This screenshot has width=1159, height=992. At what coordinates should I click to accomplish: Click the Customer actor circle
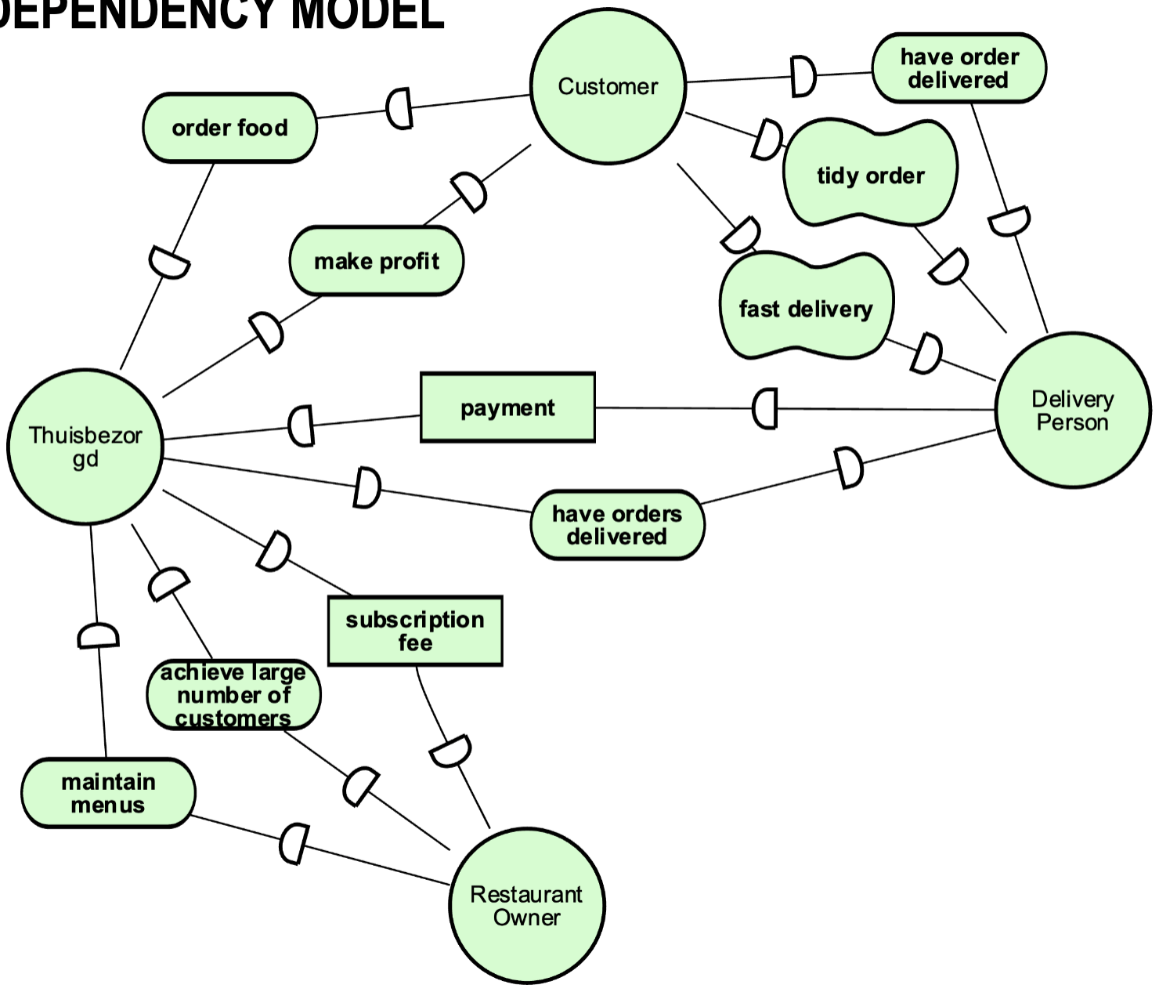(x=608, y=86)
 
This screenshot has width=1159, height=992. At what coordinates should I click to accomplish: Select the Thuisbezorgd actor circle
(x=85, y=447)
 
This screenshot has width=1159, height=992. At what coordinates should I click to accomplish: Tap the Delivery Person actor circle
(x=1072, y=410)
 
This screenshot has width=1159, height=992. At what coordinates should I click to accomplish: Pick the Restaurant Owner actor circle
(x=526, y=906)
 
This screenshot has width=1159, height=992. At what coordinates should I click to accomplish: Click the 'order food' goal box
(x=229, y=128)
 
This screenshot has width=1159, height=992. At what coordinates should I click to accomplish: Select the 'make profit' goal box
(x=376, y=261)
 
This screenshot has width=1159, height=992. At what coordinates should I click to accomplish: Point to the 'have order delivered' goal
(x=959, y=68)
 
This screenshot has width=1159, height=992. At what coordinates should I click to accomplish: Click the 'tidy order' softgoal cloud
(x=870, y=175)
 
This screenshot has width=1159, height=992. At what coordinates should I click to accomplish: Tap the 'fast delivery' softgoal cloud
(x=805, y=308)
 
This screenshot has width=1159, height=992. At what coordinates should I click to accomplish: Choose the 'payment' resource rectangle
(x=507, y=407)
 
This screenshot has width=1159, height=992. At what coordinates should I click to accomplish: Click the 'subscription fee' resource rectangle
(x=414, y=631)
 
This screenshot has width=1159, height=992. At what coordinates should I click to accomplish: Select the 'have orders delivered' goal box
(x=617, y=525)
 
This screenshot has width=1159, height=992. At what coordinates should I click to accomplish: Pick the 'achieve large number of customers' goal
(x=233, y=695)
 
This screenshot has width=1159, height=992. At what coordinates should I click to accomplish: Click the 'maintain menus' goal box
(x=108, y=793)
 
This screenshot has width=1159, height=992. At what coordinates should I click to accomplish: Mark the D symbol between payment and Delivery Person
(x=765, y=408)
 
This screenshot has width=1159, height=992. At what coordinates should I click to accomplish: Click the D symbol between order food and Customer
(x=399, y=108)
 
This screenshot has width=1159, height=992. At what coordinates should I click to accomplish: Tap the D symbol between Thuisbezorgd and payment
(x=301, y=425)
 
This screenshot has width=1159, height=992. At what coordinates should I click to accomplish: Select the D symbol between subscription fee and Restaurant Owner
(x=450, y=751)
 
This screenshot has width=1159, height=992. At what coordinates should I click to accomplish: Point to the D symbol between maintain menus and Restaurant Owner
(x=294, y=843)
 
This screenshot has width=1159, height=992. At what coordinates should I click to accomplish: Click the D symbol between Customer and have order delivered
(x=802, y=76)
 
